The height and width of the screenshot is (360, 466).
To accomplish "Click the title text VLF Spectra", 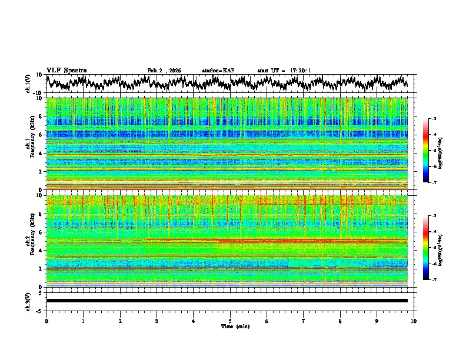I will [x=66, y=70].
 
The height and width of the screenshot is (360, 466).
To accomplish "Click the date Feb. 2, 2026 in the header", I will [x=164, y=71].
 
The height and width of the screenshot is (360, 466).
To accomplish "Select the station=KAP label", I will [x=218, y=71].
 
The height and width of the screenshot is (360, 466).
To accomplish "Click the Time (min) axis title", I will [x=230, y=326].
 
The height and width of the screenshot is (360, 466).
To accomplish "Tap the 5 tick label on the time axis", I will [x=230, y=321].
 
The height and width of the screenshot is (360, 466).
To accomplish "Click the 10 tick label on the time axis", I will [x=414, y=321].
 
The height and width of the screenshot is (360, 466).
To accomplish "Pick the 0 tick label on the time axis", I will [x=46, y=321].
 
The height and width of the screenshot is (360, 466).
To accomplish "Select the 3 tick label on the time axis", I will [x=157, y=321].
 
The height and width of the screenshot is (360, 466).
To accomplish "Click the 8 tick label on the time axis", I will [x=340, y=321].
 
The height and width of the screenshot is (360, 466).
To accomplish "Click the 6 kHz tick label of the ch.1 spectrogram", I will [x=41, y=135].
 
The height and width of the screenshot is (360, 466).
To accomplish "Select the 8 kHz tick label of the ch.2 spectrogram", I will [x=41, y=214].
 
